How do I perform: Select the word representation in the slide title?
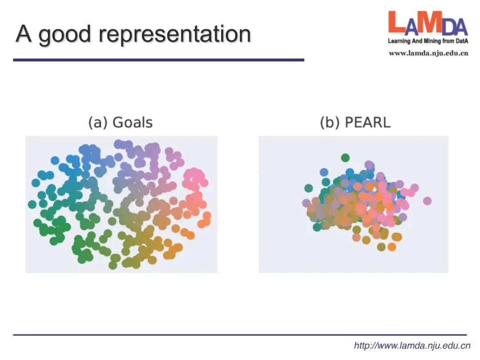coord(175,35)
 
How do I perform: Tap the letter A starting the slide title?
coord(24,34)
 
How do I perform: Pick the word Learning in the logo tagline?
coord(399,41)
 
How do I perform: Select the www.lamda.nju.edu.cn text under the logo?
coord(428,53)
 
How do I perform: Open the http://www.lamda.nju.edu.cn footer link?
coord(412,345)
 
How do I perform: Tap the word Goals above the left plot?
coord(132,122)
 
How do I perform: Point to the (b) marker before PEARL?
coord(330,122)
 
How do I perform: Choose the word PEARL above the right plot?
coord(368,122)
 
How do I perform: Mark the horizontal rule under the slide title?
coord(159,60)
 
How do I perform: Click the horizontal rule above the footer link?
coord(240,334)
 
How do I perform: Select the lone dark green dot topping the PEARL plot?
coord(345,157)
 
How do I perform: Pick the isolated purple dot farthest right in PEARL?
coord(427,201)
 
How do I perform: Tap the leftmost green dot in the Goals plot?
coord(32,204)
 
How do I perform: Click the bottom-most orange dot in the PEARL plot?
coord(392,247)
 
